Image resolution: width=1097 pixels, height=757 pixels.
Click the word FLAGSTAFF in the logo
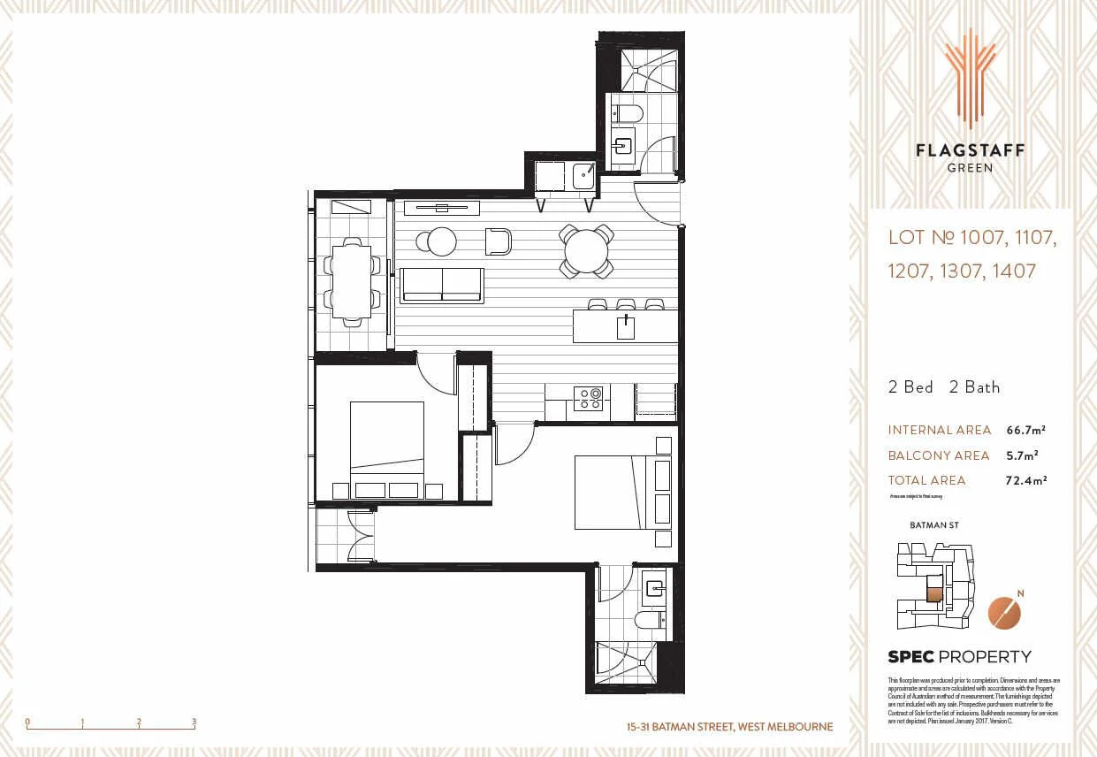[970, 150]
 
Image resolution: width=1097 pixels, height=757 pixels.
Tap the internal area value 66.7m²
[1026, 430]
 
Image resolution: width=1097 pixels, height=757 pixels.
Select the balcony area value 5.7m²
[1022, 455]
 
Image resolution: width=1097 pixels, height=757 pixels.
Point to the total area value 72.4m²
[1026, 480]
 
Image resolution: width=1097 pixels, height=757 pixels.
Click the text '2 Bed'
[910, 387]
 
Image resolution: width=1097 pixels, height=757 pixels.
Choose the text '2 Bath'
[974, 387]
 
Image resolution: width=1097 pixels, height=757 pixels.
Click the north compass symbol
[1003, 612]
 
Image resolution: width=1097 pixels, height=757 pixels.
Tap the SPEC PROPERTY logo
[959, 656]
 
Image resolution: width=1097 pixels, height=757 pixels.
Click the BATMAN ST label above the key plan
[933, 525]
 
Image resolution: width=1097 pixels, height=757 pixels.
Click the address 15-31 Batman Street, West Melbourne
[729, 727]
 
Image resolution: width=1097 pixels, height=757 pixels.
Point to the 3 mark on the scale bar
[194, 723]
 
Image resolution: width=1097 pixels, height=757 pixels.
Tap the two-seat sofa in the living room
[441, 286]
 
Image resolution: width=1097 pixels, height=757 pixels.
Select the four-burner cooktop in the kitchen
[588, 400]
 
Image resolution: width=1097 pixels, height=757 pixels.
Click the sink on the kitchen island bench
[627, 326]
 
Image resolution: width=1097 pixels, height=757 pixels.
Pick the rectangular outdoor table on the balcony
[352, 281]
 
